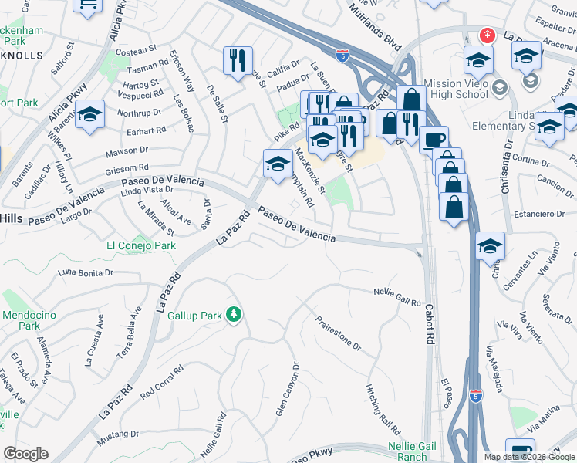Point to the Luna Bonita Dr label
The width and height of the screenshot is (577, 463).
[86, 272]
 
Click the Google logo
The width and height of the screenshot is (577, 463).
[25, 454]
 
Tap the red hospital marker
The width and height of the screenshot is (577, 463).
[487, 36]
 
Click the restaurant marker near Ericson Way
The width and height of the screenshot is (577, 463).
[238, 60]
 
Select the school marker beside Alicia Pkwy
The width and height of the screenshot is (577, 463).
[90, 116]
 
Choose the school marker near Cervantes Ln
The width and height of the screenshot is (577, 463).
[490, 246]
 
